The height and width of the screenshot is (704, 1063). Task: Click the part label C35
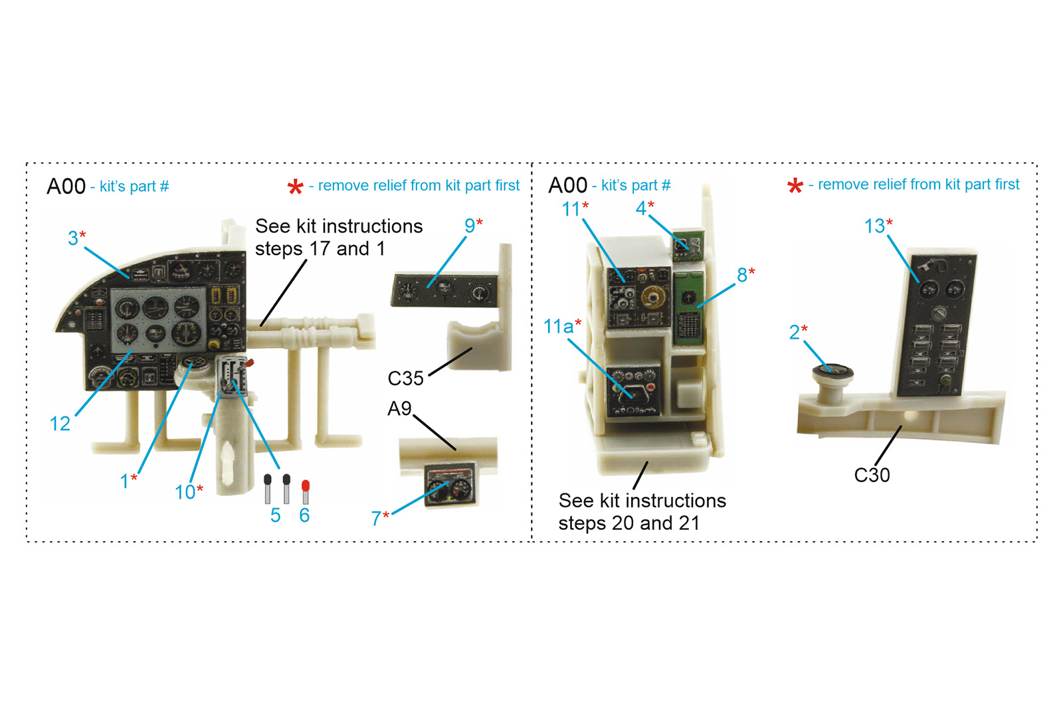coord(405,379)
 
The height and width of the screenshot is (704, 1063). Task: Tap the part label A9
coord(399,408)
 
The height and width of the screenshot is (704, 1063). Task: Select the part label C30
coord(872,475)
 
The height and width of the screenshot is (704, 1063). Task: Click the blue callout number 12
coord(60,424)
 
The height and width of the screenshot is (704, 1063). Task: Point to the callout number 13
coord(874,226)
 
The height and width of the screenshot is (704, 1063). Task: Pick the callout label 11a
coord(558,326)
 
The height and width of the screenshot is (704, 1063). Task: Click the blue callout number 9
coord(469,226)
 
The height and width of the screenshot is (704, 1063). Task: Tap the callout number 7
coord(376,519)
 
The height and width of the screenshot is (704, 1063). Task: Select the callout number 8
coord(742,275)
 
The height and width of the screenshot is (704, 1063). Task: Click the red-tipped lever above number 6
coord(306,491)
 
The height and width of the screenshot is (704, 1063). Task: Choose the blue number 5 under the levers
coord(276,515)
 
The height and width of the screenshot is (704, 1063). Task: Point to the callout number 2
coord(795,333)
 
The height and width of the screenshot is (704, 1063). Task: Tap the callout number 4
coord(641,209)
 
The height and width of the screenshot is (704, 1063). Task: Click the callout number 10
coord(185,492)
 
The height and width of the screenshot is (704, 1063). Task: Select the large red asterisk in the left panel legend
coord(295,187)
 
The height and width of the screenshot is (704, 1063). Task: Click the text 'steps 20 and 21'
coord(629,523)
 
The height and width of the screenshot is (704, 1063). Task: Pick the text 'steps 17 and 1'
coord(320,249)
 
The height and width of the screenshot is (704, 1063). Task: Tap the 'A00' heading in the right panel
coord(567,185)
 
